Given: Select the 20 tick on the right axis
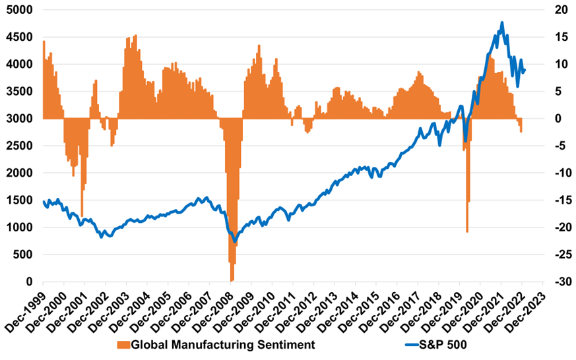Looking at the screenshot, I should click(562, 11).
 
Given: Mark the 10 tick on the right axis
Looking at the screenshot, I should click(562, 65).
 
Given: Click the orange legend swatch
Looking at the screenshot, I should click(123, 344).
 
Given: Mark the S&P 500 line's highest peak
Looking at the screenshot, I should click(502, 23).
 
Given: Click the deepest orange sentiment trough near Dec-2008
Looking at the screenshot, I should click(232, 280).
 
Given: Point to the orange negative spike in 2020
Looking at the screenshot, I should click(467, 231).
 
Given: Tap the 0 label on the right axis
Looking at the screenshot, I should click(558, 119).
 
